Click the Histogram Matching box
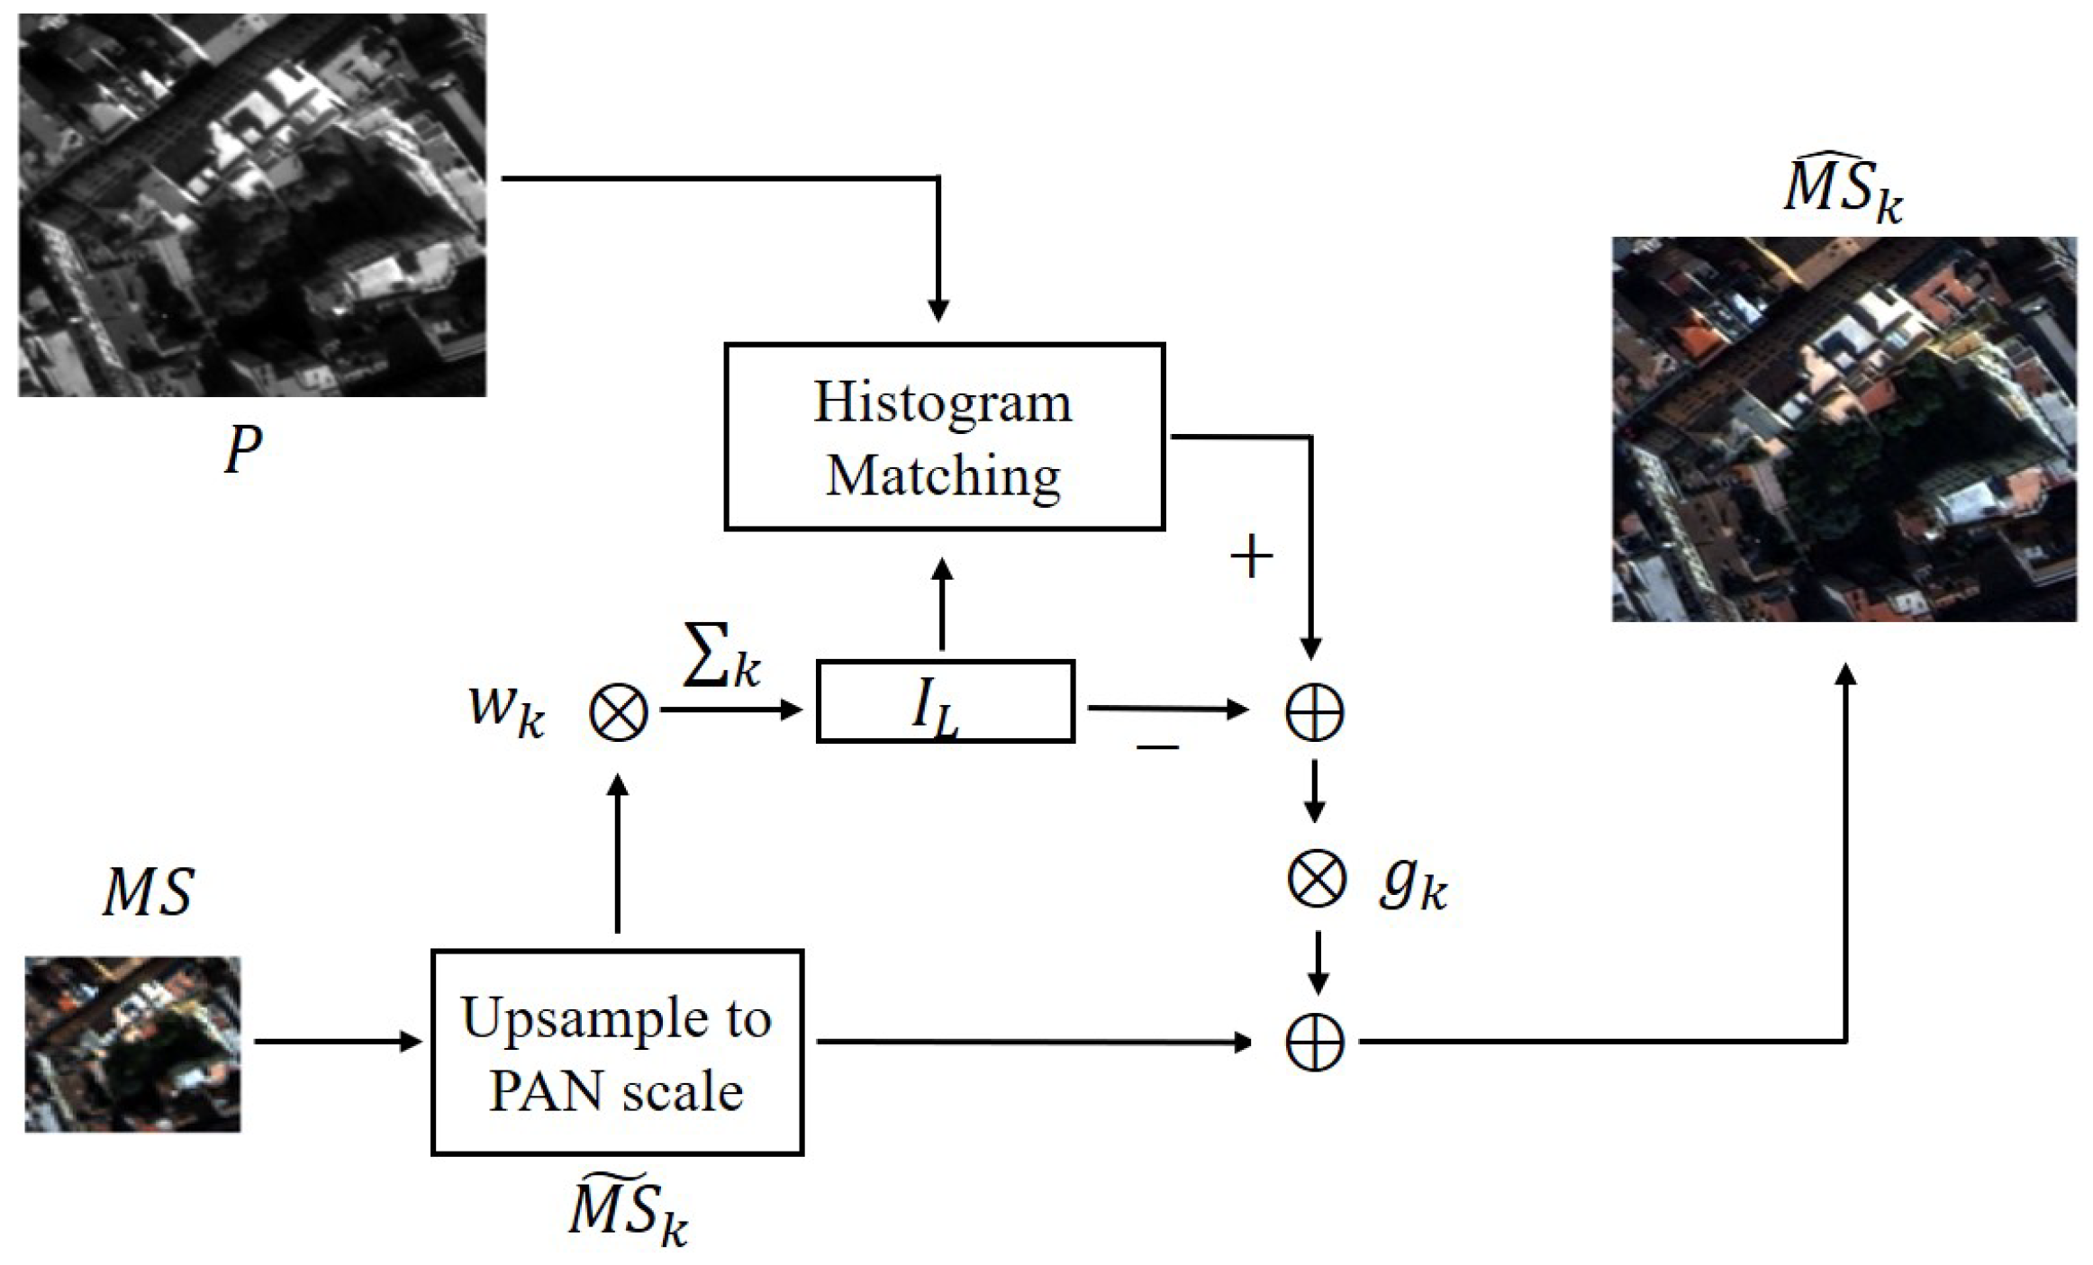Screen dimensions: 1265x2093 (944, 437)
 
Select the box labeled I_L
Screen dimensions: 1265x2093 (945, 701)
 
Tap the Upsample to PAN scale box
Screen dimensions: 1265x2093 (617, 1052)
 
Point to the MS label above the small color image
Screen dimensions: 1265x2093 (148, 893)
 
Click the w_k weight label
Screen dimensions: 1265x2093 (506, 709)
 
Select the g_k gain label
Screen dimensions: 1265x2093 (1412, 886)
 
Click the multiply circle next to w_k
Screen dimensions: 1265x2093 (618, 712)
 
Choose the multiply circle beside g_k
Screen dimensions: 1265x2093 (1316, 880)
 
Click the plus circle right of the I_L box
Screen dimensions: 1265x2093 (1314, 711)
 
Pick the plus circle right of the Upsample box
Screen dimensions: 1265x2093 (1314, 1043)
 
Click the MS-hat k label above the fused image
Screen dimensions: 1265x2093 (1843, 194)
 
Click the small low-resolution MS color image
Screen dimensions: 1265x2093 (132, 1044)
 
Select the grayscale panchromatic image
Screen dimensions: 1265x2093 (252, 205)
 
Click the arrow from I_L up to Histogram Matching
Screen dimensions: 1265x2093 (942, 603)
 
